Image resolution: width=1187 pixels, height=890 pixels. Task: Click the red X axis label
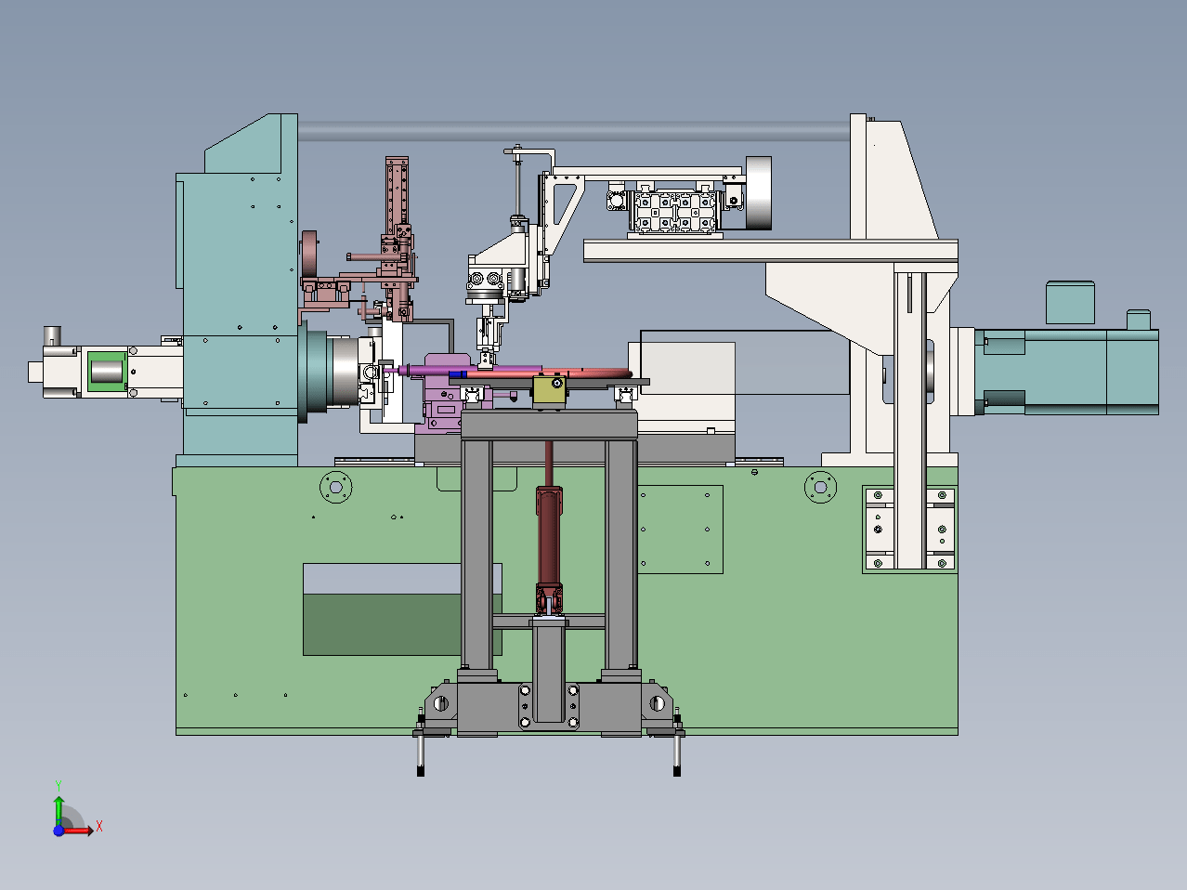click(x=99, y=826)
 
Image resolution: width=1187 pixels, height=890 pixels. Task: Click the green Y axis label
click(x=59, y=786)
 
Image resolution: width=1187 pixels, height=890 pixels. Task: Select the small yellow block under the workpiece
click(x=549, y=390)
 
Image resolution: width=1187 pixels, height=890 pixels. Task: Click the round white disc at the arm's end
click(x=758, y=193)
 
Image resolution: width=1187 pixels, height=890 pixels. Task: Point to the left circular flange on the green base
click(x=336, y=487)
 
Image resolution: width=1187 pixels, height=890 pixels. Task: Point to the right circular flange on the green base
click(x=820, y=487)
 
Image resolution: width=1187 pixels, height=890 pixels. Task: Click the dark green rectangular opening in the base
click(x=382, y=624)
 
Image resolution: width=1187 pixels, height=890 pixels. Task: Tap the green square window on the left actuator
click(x=107, y=372)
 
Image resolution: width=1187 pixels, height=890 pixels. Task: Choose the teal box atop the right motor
click(x=1070, y=303)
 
